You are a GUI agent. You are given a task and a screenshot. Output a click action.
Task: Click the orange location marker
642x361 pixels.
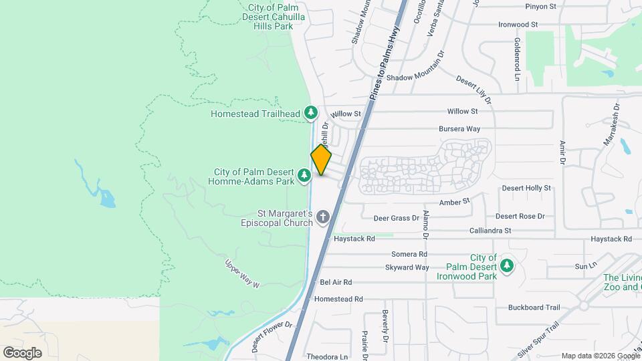321,160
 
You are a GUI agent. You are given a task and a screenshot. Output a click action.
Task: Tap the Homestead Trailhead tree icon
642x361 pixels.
310,114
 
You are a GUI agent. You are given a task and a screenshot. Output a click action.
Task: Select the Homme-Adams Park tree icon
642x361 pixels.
304,176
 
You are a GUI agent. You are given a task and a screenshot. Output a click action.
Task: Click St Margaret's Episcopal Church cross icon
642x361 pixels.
323,217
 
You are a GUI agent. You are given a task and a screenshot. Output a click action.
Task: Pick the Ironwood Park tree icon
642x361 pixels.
507,266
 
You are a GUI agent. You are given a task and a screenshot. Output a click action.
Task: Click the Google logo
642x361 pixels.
22,352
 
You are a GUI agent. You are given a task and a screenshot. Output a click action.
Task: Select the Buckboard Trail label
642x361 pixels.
534,308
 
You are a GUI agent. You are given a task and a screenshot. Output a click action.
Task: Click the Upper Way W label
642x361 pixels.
241,273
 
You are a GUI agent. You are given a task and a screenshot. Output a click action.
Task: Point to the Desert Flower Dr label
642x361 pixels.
272,337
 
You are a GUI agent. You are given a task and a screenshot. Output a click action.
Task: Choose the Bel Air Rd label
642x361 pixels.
336,283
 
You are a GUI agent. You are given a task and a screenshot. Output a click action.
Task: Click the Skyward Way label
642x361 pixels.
407,267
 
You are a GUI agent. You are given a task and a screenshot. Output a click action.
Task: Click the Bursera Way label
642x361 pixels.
459,128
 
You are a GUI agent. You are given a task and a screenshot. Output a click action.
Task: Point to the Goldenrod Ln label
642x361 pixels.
517,59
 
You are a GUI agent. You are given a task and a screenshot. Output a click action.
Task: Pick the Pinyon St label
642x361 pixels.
540,7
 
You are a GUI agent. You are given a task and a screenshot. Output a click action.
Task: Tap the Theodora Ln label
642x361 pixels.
327,356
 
